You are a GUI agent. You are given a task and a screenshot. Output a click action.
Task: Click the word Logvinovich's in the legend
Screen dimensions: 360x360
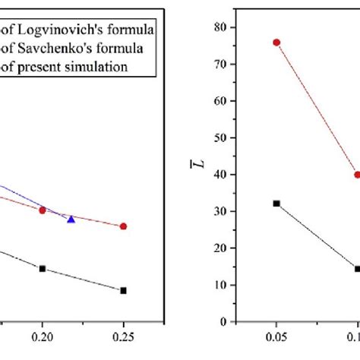70,30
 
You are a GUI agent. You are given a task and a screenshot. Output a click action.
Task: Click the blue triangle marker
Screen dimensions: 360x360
71,219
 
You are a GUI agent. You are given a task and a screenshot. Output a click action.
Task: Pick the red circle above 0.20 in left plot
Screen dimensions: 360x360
43,210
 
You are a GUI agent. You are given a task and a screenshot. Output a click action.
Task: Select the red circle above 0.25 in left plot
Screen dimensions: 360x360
123,226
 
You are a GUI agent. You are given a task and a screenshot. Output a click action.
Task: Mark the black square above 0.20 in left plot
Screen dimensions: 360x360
43,268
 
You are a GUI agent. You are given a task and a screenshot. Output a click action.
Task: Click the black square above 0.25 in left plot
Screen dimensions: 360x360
123,290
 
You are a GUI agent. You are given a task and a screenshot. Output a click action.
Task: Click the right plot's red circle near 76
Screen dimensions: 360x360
276,43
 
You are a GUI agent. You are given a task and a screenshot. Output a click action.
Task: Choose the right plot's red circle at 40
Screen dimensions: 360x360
357,175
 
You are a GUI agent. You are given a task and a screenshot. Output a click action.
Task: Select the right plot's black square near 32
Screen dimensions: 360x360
276,204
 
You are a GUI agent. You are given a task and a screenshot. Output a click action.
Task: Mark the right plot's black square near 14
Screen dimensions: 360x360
357,269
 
